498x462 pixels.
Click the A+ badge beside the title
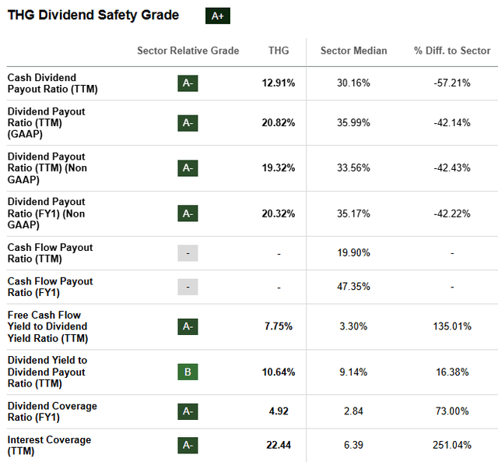coord(217,16)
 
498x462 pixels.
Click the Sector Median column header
coord(353,51)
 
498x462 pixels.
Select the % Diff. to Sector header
coord(452,51)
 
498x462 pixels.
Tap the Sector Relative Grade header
coord(188,51)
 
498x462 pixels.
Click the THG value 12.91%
coord(279,83)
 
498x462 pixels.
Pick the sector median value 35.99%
coord(354,123)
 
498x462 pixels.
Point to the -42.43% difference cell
coord(452,168)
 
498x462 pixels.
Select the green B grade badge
coord(188,372)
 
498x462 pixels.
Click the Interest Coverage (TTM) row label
coord(49,446)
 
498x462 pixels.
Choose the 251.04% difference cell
coord(452,446)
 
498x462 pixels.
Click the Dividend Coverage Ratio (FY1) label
coord(52,411)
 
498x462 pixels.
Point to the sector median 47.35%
coord(354,287)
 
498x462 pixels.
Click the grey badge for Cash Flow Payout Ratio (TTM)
coord(188,253)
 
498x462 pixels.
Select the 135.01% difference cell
coord(452,326)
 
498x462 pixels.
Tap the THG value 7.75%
coord(279,326)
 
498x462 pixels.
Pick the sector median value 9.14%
coord(354,372)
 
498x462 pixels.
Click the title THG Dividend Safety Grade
coord(93,16)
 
